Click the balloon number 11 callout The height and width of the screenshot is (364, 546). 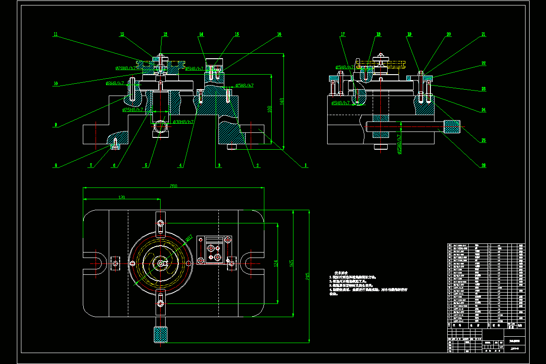tap(55, 34)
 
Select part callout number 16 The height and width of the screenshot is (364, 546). tap(279, 34)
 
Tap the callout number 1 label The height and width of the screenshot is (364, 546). tap(306, 166)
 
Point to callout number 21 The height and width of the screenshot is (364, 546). tap(483, 34)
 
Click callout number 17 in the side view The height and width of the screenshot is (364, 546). tap(343, 34)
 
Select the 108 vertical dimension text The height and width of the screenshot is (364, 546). tap(270, 109)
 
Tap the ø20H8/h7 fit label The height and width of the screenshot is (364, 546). tap(126, 68)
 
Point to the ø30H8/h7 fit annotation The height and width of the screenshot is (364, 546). tap(183, 122)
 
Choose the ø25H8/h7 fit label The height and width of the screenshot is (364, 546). tap(133, 110)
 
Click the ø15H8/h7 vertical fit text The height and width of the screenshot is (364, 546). tap(399, 144)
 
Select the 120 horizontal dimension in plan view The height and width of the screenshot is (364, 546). tap(121, 197)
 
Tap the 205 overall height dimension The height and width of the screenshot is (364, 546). tap(308, 275)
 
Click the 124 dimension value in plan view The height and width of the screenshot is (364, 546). tap(275, 263)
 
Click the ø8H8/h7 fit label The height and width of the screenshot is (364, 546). tap(115, 84)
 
